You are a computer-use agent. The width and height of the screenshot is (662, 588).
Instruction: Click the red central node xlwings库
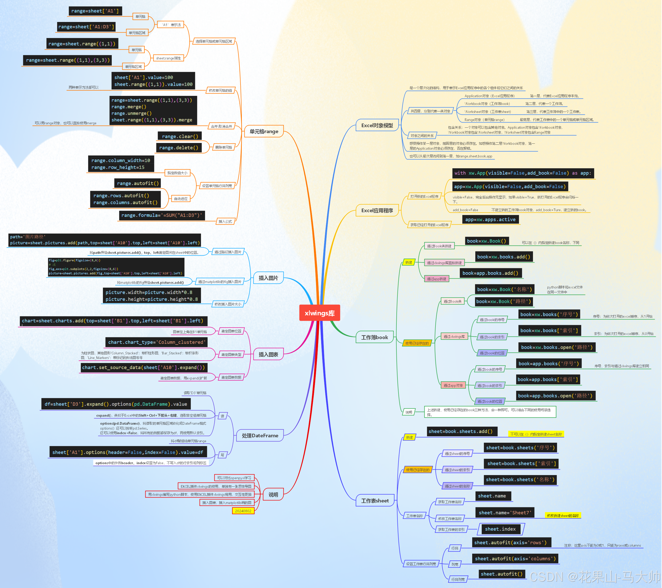pos(319,313)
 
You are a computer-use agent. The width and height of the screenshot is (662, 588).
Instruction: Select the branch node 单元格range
pos(264,131)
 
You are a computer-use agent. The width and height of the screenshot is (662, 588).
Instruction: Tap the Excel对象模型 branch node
pos(377,125)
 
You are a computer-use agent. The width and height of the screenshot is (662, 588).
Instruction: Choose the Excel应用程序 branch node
pos(377,210)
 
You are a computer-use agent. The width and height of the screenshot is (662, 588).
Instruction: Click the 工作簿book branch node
pos(374,337)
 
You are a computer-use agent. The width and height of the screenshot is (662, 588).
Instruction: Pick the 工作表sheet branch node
pos(375,501)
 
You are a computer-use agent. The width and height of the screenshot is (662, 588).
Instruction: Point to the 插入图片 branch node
pos(268,278)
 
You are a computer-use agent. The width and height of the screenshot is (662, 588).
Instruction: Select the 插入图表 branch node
pos(268,355)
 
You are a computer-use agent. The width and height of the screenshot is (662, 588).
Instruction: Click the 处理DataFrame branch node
pos(260,436)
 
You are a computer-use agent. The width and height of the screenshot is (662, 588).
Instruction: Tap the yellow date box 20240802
pos(243,511)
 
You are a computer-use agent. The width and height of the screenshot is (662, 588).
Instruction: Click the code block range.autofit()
pos(138,183)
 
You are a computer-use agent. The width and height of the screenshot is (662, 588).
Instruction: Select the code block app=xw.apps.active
pos(490,219)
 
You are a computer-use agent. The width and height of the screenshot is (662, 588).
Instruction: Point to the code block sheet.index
pos(500,529)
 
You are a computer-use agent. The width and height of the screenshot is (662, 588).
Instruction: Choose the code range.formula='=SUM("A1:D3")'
pos(162,215)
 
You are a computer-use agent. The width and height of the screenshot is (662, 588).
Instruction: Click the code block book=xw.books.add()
pos(503,257)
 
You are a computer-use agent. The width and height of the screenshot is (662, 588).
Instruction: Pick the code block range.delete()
pos(178,148)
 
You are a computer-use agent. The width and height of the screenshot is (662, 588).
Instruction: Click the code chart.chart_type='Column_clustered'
pos(156,342)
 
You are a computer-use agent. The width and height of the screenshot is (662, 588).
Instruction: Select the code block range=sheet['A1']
pos(95,11)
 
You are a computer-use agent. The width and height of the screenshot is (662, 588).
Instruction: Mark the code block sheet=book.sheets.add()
pos(460,431)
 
